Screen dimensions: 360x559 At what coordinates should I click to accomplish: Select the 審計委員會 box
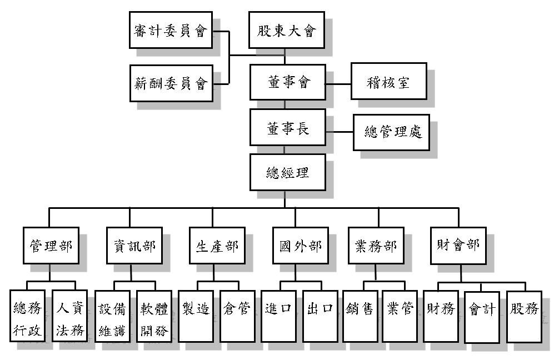[170, 31]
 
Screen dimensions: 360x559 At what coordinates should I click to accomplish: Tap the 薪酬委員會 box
[170, 83]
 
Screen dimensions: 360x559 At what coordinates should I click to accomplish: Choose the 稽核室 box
[388, 83]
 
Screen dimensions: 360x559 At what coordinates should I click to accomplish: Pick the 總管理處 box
[392, 132]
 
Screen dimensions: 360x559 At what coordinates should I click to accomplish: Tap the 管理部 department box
[50, 245]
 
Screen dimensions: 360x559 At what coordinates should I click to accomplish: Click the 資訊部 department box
[131, 245]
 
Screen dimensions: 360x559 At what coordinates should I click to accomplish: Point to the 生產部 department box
[213, 245]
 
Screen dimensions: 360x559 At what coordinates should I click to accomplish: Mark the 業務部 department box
[376, 245]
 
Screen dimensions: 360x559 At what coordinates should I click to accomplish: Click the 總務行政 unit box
[28, 315]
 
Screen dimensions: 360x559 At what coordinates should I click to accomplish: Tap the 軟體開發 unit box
[152, 315]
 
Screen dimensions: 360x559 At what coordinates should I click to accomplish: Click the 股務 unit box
[524, 315]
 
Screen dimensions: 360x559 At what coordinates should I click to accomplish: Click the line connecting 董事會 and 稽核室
[338, 84]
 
